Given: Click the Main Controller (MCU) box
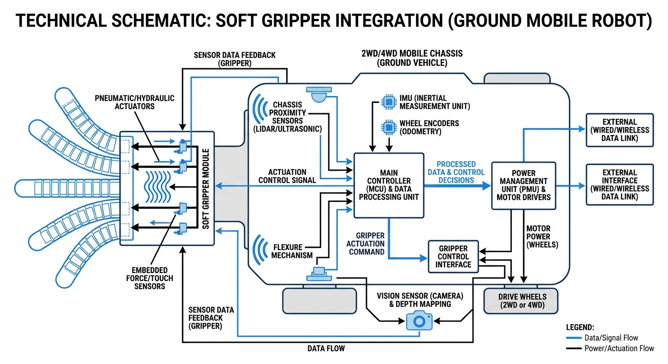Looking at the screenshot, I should click(x=389, y=185).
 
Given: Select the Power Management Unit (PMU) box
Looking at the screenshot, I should click(x=523, y=185).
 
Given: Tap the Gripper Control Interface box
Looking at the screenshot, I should click(x=454, y=256).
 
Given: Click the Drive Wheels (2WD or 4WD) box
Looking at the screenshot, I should click(x=521, y=300).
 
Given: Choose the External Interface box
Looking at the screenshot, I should click(x=620, y=184).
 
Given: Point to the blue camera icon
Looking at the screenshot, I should click(x=419, y=321).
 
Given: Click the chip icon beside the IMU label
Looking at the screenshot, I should click(x=389, y=101).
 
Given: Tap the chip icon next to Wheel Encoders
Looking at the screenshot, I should click(x=389, y=127).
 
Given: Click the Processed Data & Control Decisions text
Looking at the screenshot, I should click(x=456, y=172).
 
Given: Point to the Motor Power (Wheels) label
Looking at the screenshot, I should click(x=538, y=237).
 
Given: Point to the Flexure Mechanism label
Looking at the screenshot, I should click(x=292, y=251).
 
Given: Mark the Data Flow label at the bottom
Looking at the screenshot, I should click(x=325, y=349).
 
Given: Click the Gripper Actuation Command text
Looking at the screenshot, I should click(x=367, y=244).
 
